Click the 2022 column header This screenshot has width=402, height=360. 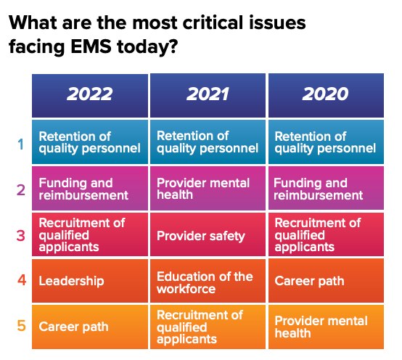point(90,95)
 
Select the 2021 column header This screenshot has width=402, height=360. point(208,95)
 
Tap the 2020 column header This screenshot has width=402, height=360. point(326,95)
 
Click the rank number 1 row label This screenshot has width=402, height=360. point(21,144)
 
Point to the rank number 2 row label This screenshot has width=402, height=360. point(21,190)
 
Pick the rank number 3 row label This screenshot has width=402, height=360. point(21,236)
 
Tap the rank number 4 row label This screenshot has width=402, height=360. point(22,279)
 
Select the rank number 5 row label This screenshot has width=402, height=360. point(22,326)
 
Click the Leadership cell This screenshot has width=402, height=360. point(90,281)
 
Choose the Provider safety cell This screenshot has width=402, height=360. point(208,234)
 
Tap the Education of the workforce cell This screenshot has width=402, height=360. point(208,281)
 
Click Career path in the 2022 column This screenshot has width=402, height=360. point(90,327)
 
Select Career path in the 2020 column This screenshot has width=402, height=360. point(326,281)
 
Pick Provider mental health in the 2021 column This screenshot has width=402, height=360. point(208,188)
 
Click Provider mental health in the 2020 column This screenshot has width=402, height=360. point(326,327)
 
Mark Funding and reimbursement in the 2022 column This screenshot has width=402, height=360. point(90,188)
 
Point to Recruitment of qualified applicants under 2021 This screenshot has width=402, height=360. point(208,327)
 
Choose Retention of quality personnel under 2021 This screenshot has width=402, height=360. point(208,142)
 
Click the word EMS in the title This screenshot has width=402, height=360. point(91,46)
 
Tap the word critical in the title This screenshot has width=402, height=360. point(213,22)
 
